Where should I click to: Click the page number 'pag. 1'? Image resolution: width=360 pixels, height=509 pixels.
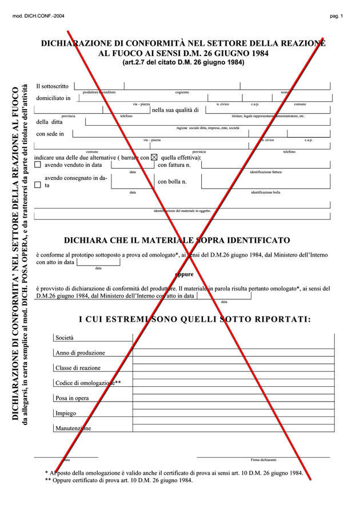[x=336, y=16]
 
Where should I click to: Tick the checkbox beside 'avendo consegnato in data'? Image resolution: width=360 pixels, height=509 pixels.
[x=38, y=185]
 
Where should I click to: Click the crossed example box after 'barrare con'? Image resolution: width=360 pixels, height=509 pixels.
[x=154, y=157]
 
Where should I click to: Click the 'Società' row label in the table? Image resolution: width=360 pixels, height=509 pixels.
[x=65, y=338]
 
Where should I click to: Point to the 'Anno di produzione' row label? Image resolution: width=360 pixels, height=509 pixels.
[x=79, y=353]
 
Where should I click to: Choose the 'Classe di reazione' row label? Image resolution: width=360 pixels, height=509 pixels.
[x=78, y=368]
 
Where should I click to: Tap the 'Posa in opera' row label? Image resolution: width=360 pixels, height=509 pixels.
[x=72, y=398]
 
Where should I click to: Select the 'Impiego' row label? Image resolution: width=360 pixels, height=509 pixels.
[x=66, y=413]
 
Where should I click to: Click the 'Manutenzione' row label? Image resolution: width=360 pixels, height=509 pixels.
[x=73, y=428]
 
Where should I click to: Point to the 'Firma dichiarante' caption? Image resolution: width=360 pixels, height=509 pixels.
[x=263, y=459]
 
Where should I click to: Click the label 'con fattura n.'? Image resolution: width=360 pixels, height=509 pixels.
[x=174, y=165]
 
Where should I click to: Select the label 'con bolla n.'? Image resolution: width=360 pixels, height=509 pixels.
[x=172, y=182]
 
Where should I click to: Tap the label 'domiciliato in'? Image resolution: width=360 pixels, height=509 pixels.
[x=53, y=98]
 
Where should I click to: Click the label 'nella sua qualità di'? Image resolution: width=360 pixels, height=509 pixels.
[x=175, y=110]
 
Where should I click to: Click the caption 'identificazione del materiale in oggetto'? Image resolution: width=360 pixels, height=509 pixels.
[x=182, y=211]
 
